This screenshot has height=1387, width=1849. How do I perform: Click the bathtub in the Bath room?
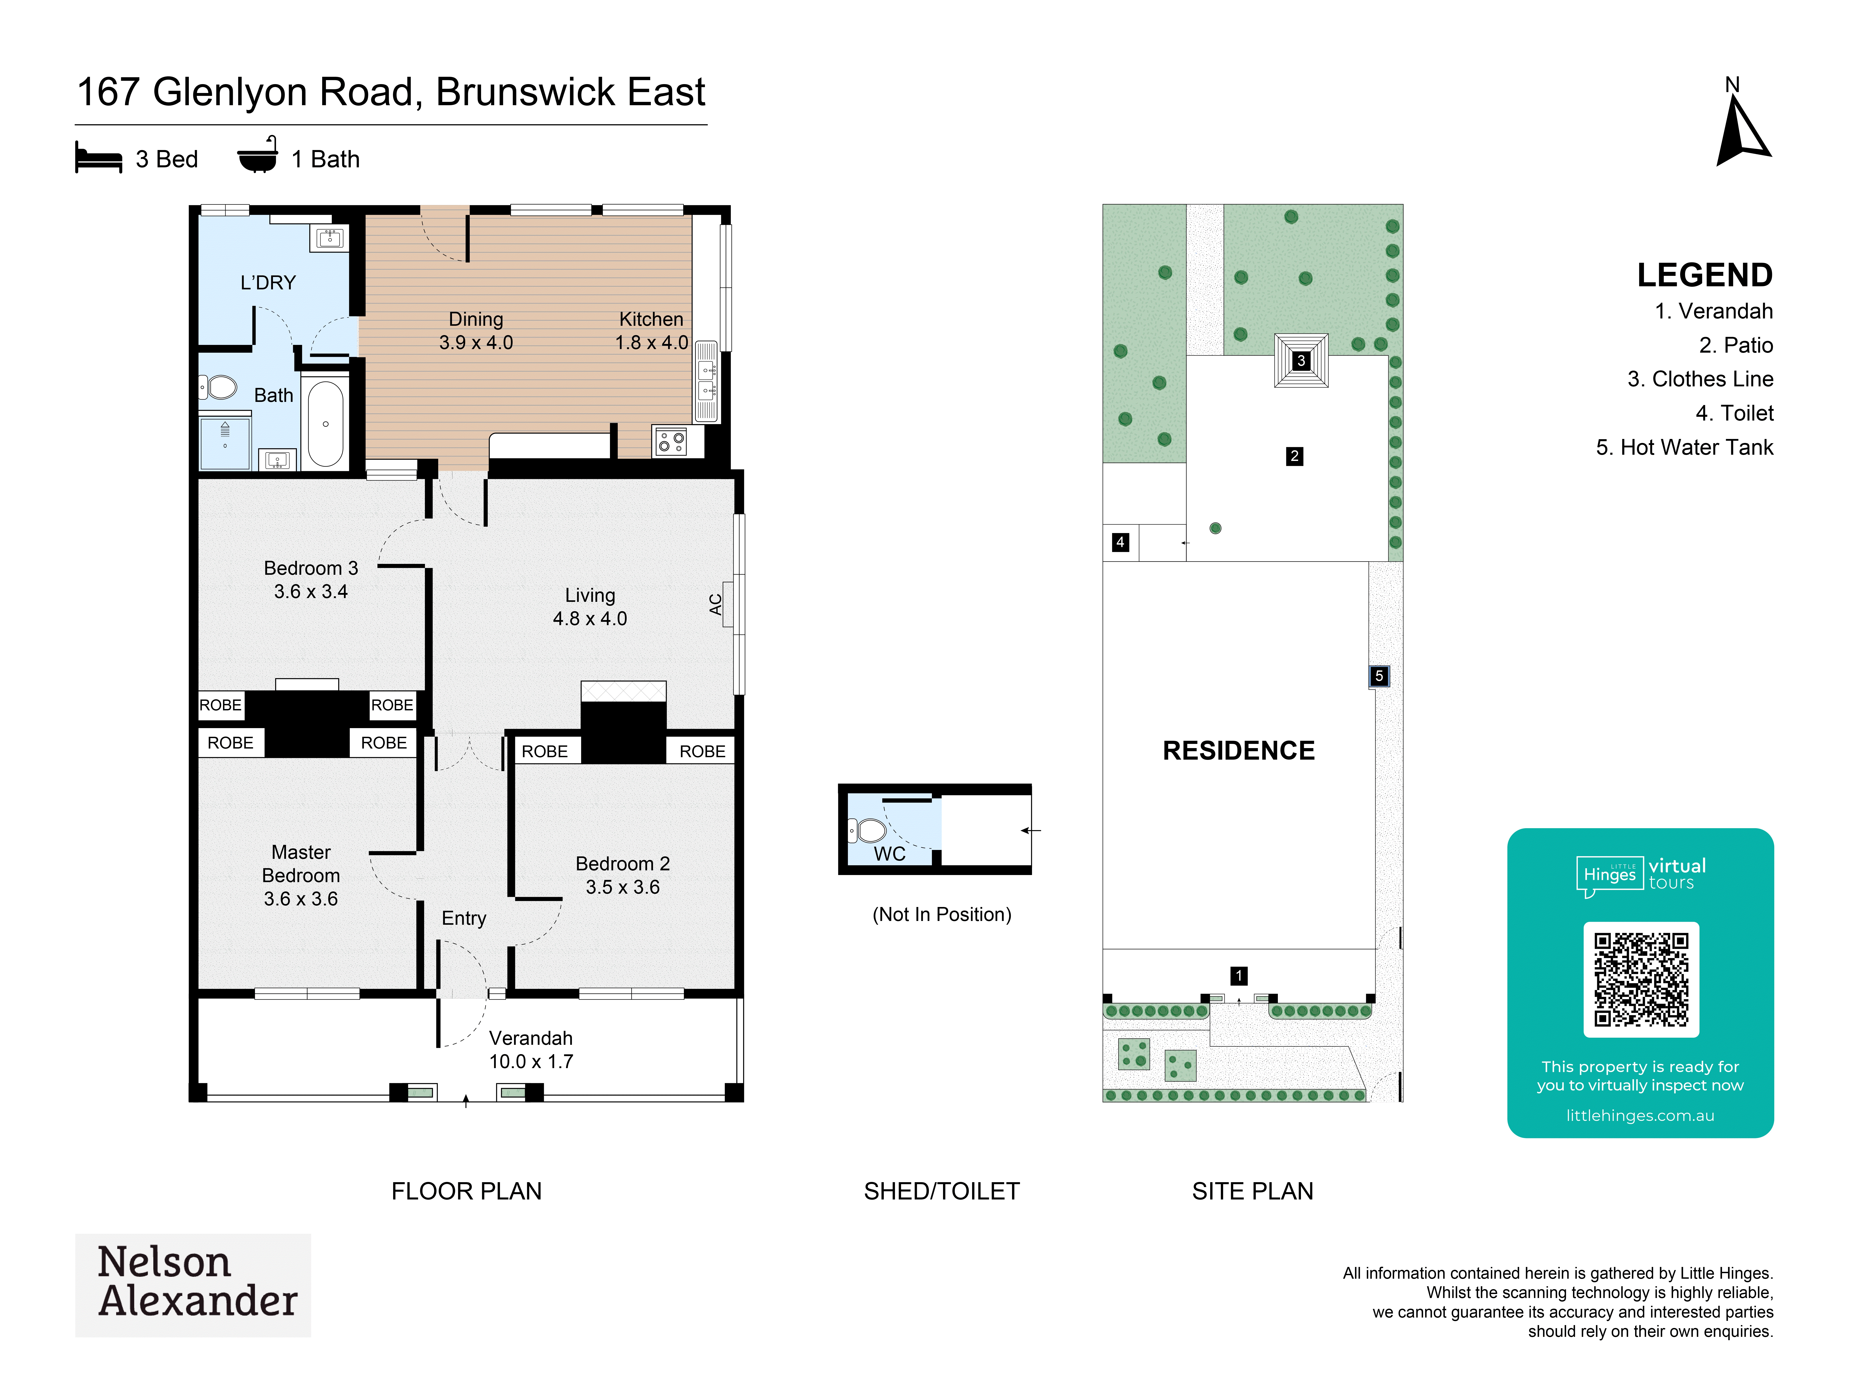[325, 423]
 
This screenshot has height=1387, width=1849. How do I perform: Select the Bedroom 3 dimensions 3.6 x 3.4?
[311, 592]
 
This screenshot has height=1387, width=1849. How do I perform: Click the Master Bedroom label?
[301, 864]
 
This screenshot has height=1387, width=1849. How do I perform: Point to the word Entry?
[464, 918]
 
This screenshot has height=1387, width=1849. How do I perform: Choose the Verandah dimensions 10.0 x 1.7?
[531, 1062]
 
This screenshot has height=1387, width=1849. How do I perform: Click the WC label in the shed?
[889, 854]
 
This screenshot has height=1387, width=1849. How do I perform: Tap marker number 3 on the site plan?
[1301, 360]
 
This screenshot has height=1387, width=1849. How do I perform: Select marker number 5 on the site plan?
[1379, 676]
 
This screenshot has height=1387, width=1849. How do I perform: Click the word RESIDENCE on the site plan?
[1239, 751]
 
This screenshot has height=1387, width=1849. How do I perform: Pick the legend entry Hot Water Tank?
[1684, 447]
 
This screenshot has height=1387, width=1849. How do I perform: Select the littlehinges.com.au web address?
[1640, 1115]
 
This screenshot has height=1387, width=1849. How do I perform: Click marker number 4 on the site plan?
[1120, 542]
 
